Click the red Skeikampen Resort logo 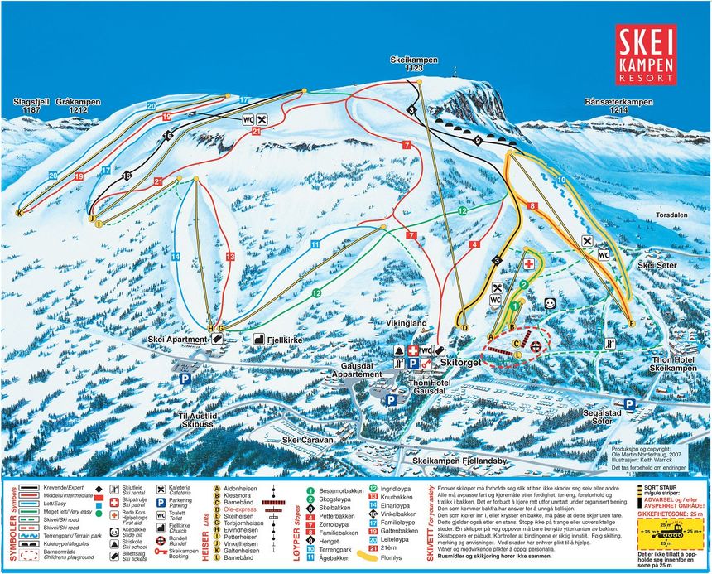point(647,54)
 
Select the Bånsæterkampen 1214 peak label point(613,105)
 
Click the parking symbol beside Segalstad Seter point(629,403)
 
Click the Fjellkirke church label point(282,339)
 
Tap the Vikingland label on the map point(407,322)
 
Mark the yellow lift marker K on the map point(18,212)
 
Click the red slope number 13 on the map point(230,257)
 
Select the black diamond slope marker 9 point(478,141)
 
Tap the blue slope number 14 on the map point(176,257)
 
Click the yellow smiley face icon point(549,304)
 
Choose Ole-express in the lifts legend point(238,508)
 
